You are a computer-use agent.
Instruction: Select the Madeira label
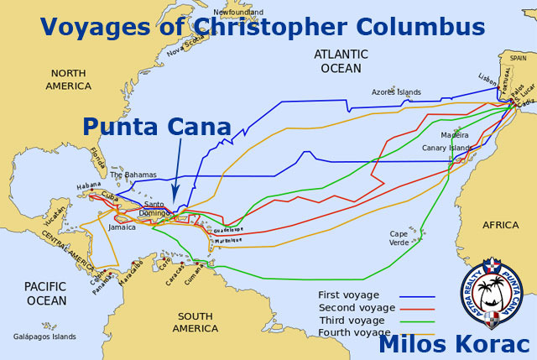tap(454, 134)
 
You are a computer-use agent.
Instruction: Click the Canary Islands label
tap(446, 148)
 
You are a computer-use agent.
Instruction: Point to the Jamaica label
tap(122, 227)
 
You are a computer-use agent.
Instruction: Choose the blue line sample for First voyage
tap(416, 295)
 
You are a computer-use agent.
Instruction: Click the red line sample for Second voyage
tap(416, 308)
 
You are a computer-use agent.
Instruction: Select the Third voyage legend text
tap(352, 320)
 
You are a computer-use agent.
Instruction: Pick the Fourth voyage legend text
tap(353, 332)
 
